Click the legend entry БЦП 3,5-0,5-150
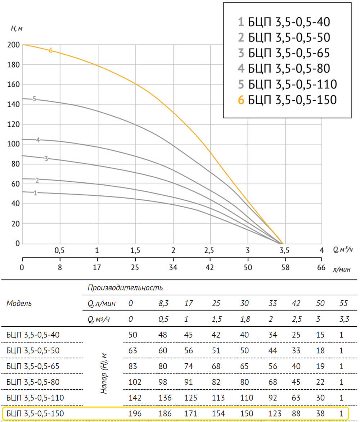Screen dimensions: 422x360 tap(287, 100)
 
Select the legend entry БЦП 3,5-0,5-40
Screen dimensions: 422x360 tap(284, 22)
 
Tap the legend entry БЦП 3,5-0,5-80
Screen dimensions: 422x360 tap(284, 69)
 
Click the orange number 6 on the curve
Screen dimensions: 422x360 tap(51, 50)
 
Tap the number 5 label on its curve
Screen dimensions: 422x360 tap(34, 99)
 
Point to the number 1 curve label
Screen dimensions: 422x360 tap(35, 193)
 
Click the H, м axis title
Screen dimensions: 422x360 tap(17, 28)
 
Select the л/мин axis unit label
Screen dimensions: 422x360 tap(341, 269)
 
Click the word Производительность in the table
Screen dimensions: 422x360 tap(125, 288)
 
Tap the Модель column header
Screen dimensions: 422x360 tap(19, 303)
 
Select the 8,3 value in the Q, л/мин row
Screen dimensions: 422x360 tap(163, 304)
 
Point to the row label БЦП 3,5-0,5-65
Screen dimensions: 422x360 tap(33, 367)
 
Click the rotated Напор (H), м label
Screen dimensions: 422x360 tap(104, 373)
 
